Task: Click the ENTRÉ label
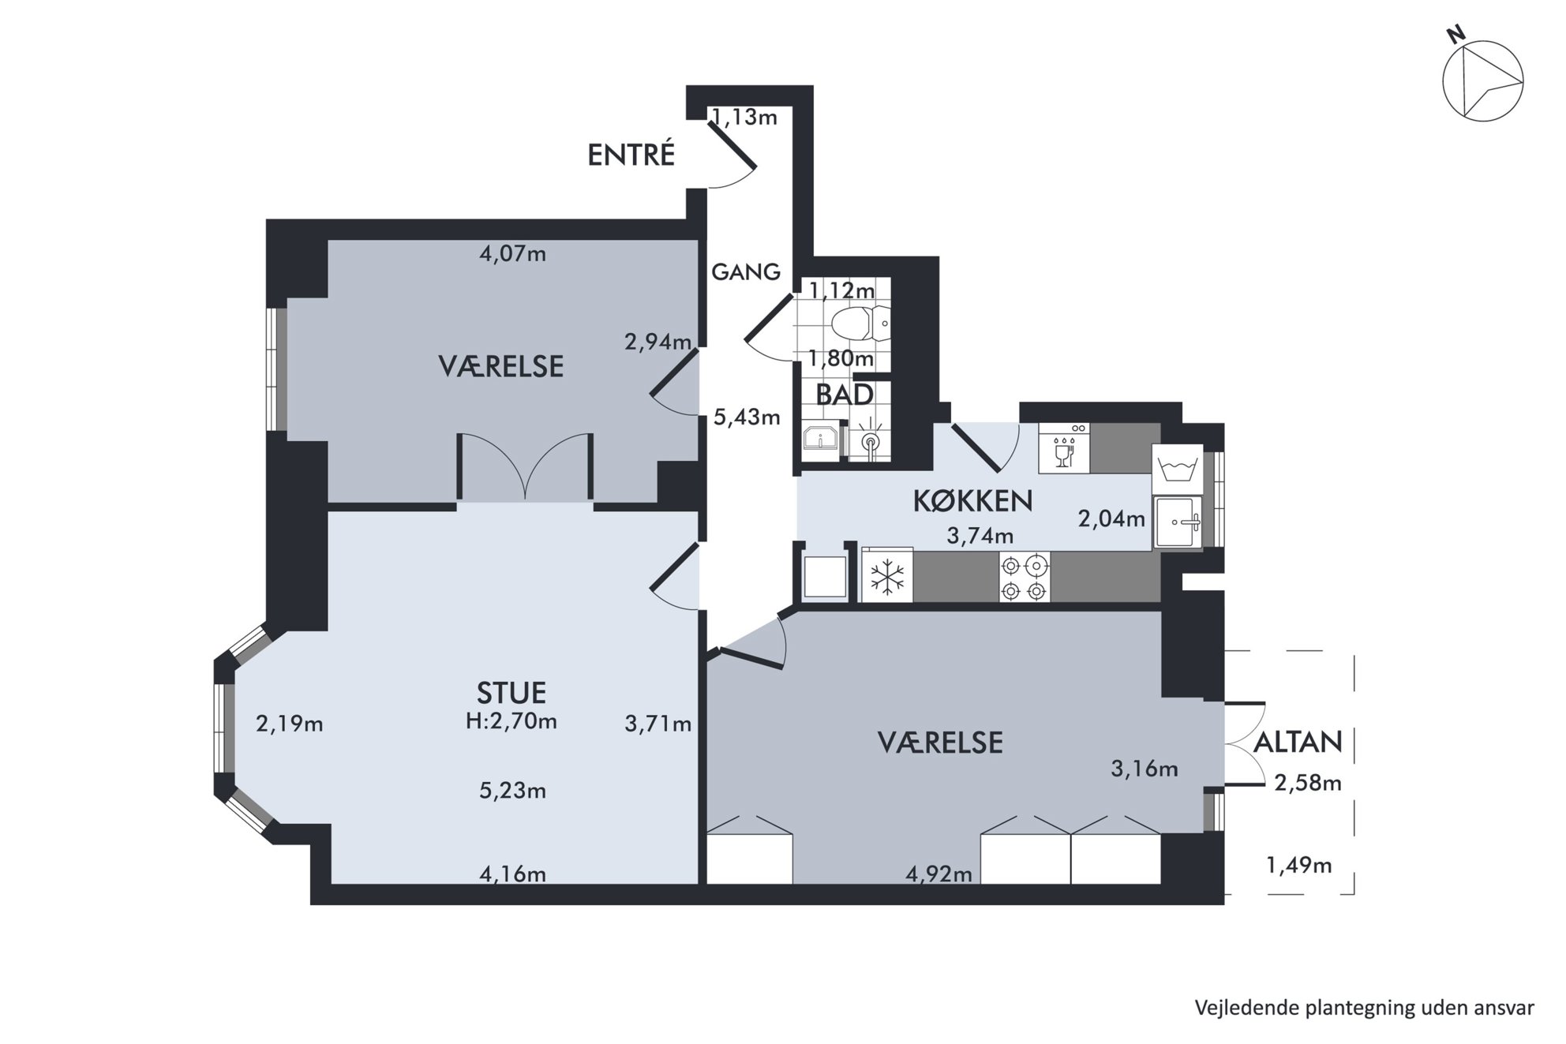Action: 631,155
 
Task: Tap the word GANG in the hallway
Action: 746,272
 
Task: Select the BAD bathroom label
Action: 844,395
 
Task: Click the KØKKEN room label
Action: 972,501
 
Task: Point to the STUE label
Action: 511,693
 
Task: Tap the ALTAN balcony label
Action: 1298,742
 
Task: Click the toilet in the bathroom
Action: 860,324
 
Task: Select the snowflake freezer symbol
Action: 887,576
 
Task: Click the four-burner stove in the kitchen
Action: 1025,578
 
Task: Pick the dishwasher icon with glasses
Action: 1064,448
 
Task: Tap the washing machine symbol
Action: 1177,469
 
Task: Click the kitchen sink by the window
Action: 1177,522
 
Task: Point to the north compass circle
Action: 1483,81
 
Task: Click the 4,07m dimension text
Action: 513,254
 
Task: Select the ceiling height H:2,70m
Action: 511,720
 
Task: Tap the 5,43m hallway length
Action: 747,417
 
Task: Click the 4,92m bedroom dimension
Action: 938,874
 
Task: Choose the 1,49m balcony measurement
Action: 1299,866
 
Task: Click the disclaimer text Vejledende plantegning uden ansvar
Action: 1365,1008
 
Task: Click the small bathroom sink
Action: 822,438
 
